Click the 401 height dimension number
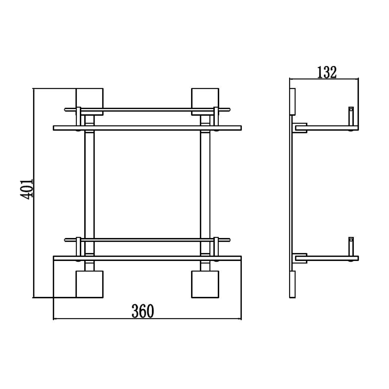click(x=27, y=189)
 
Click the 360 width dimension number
click(x=143, y=311)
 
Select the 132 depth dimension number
click(x=327, y=72)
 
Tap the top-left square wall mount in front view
click(x=89, y=99)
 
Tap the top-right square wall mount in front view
click(x=205, y=99)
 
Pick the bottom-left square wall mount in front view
click(x=89, y=284)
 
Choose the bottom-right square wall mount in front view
click(x=205, y=284)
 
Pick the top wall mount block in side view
click(x=293, y=101)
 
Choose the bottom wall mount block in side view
click(x=293, y=284)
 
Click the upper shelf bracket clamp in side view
click(x=301, y=128)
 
